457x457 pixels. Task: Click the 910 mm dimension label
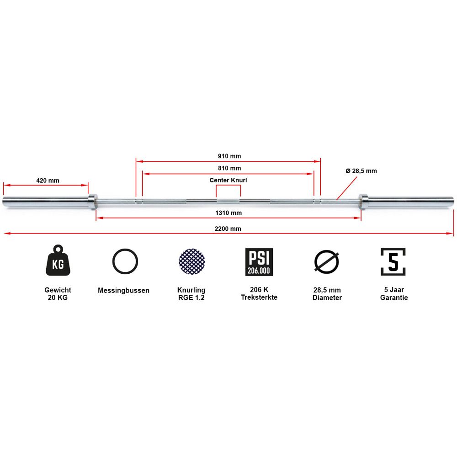229,156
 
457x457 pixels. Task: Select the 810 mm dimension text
229,168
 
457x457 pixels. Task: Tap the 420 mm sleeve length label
48,181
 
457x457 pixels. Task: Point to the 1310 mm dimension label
228,213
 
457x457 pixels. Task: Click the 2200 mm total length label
228,229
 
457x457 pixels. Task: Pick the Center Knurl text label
228,180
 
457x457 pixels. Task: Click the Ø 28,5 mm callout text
361,171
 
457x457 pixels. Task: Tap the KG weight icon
58,260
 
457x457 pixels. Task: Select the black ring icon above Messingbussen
125,261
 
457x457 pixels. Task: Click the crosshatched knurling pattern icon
192,261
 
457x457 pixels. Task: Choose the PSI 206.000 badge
259,262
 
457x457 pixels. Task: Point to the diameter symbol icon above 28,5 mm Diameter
327,261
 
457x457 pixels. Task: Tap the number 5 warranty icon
393,262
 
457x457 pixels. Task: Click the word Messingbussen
123,290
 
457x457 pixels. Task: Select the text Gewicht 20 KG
58,294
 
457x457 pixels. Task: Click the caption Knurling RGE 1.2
191,294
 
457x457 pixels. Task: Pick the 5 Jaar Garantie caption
394,293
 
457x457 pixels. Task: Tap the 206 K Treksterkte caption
259,293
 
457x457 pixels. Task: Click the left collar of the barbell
93,202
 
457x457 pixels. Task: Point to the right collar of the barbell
363,202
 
